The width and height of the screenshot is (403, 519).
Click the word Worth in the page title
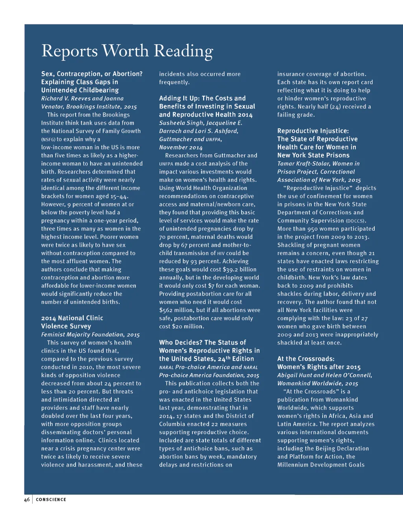(125, 51)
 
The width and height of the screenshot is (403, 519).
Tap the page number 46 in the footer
(27, 499)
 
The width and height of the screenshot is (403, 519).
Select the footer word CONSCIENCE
(51, 499)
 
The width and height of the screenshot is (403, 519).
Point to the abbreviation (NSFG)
(48, 139)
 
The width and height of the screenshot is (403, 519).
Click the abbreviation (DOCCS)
(356, 221)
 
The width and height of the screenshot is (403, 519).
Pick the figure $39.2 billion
(240, 269)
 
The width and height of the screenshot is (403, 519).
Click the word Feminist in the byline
(54, 335)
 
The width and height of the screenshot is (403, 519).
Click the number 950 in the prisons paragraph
(312, 229)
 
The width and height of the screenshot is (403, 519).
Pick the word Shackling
(291, 245)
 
